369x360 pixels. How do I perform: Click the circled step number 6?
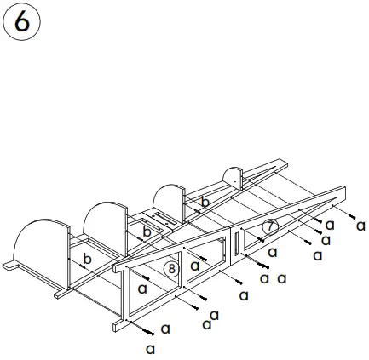tap(22, 22)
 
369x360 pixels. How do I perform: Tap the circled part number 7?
tap(269, 227)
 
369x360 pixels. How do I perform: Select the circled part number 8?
tap(171, 269)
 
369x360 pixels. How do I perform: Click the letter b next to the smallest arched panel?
tap(205, 202)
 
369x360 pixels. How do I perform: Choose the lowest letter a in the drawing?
tap(150, 348)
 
